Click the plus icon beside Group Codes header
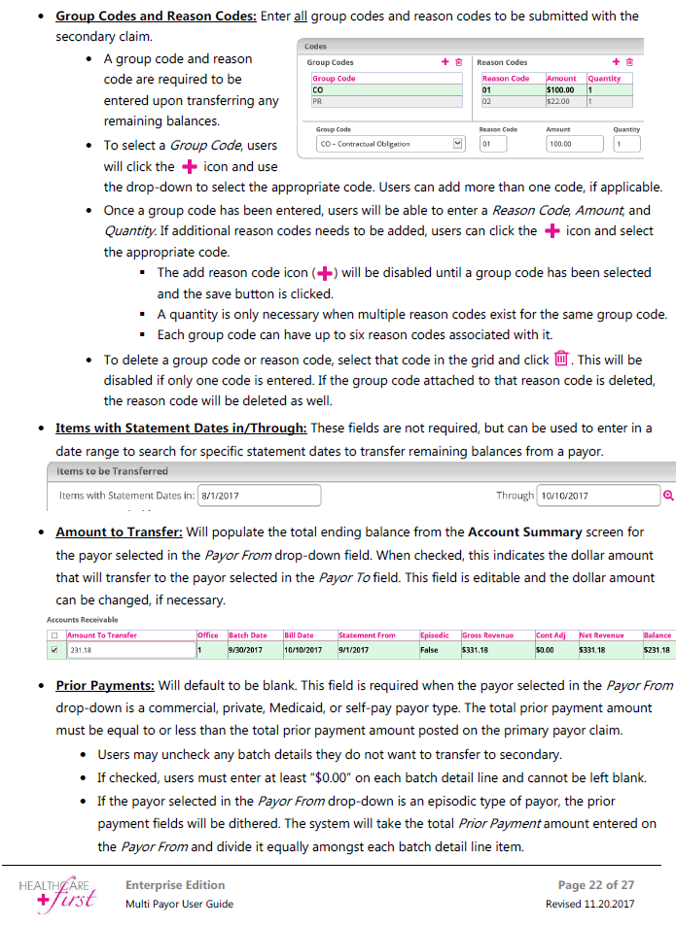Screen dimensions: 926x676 tap(445, 62)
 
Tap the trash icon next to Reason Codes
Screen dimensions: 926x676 tap(629, 62)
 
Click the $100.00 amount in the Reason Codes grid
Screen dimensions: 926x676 tap(559, 89)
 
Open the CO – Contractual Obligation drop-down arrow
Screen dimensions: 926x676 tap(459, 144)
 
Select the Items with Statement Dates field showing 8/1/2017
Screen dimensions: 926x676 tap(259, 496)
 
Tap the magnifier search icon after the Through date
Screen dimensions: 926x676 tap(668, 496)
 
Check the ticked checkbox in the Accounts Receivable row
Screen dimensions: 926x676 tap(54, 649)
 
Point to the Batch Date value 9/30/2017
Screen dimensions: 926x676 tap(247, 649)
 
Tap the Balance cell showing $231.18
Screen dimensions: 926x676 tap(657, 649)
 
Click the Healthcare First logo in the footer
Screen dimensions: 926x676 tap(61, 892)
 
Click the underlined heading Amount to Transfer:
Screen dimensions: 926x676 tap(119, 532)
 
